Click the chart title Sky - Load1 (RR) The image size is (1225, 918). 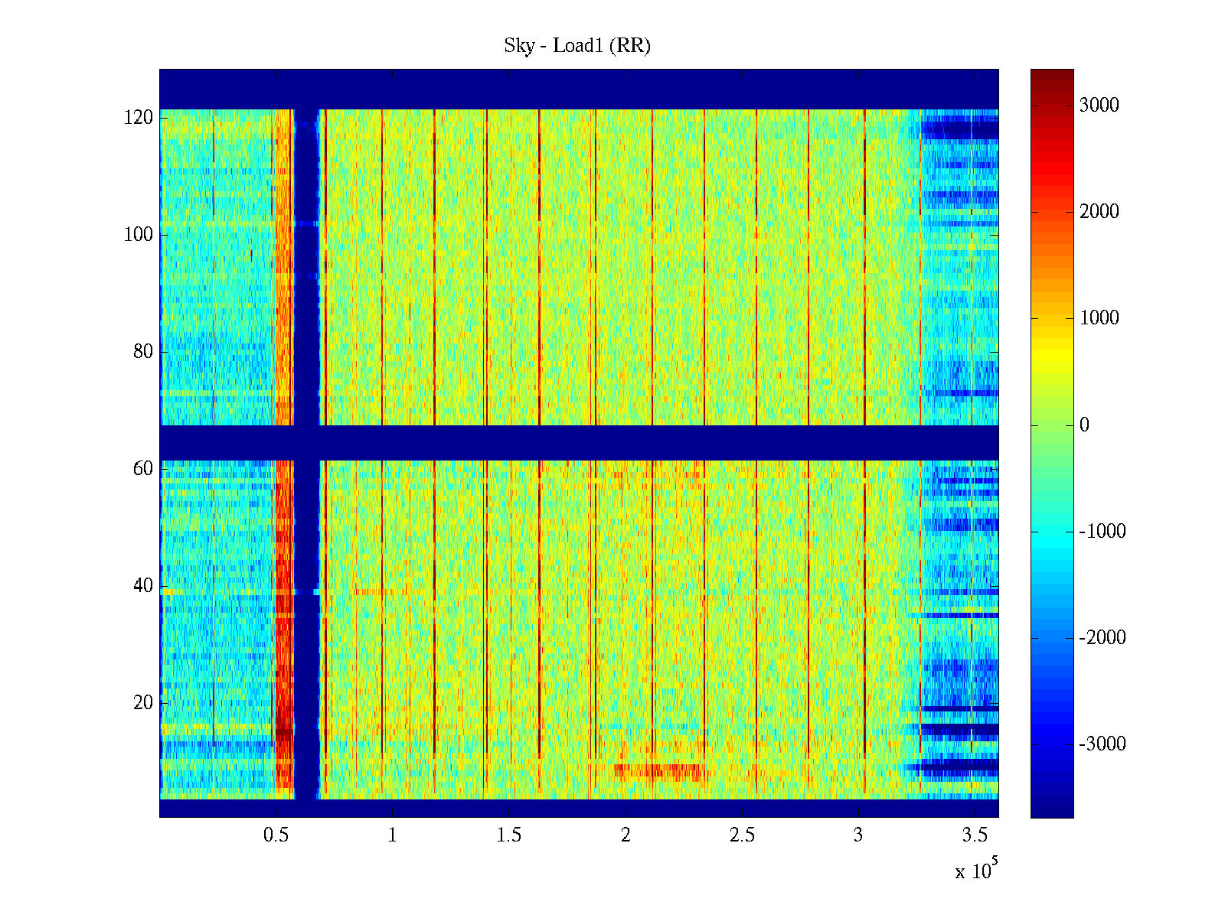pos(577,46)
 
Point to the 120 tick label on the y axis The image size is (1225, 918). pos(139,118)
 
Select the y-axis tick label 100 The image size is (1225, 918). pos(139,235)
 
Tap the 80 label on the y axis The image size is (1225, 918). pos(143,352)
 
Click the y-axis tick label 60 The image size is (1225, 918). pos(143,469)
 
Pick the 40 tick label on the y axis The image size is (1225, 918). pos(143,586)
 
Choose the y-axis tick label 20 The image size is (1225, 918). pos(143,703)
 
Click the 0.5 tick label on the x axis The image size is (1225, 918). pos(276,835)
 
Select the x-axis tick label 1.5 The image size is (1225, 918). pos(509,835)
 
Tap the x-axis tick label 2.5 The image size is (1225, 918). pos(742,835)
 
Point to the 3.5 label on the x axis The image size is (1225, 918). pos(975,835)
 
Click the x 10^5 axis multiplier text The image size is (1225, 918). pos(976,870)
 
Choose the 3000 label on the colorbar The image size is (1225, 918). pos(1099,106)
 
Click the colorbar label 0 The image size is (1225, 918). pos(1084,425)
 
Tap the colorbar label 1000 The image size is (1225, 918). pos(1099,318)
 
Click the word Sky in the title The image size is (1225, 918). pos(518,46)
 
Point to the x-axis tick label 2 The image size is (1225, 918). pos(626,835)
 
